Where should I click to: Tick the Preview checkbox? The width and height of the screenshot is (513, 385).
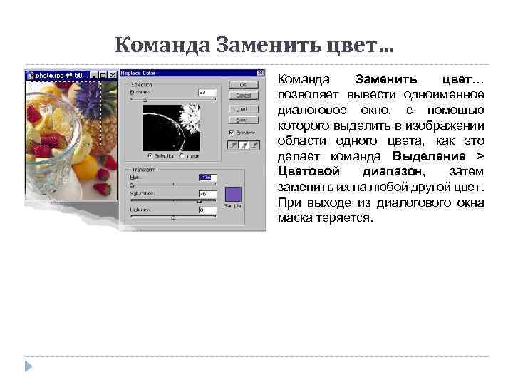coord(232,132)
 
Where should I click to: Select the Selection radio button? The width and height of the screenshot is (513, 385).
coord(150,155)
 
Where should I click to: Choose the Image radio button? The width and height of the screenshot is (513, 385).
coord(183,155)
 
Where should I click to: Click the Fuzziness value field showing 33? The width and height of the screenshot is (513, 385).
coord(206,92)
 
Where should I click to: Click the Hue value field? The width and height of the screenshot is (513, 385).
coord(207,178)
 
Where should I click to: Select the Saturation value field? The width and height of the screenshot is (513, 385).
coord(207,194)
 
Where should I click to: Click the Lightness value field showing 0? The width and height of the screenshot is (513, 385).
coord(207,210)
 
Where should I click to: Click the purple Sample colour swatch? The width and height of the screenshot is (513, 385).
coord(233,194)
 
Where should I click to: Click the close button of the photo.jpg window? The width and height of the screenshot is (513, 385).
coord(113,74)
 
